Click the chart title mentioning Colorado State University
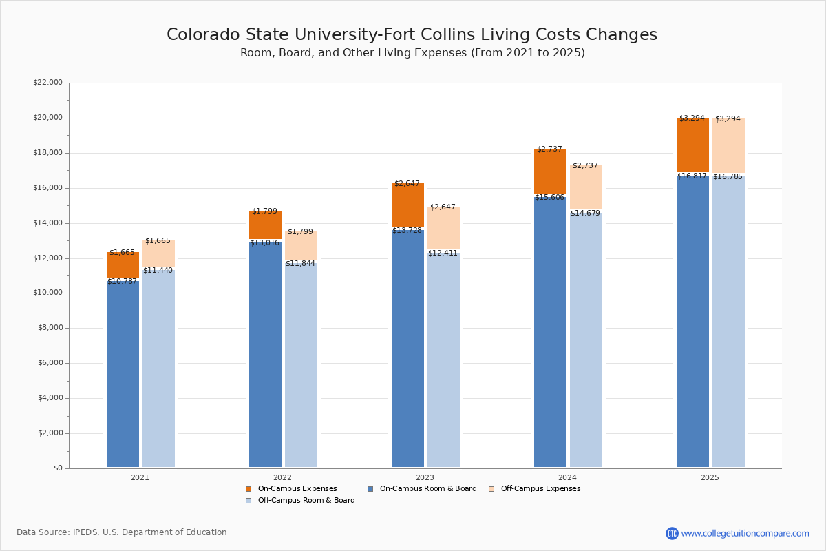tap(412, 35)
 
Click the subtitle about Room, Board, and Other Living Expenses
tap(412, 53)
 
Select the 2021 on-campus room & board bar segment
tap(123, 375)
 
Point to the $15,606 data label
tap(549, 198)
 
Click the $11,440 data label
tap(158, 271)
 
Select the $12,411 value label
tap(443, 253)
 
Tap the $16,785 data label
tap(728, 177)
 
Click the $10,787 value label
tap(122, 282)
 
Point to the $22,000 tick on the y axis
tap(47, 83)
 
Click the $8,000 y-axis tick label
tap(50, 328)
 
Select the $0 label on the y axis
tap(57, 468)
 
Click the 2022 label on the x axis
tap(282, 477)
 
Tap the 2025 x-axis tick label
tap(710, 477)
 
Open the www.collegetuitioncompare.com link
tap(745, 533)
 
